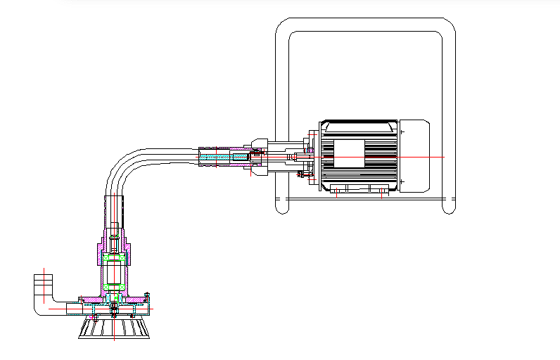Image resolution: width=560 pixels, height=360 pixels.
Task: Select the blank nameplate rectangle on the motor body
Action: (349, 153)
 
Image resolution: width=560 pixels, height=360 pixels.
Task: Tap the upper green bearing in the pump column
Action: (113, 259)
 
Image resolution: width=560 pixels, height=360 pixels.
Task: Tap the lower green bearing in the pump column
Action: (113, 286)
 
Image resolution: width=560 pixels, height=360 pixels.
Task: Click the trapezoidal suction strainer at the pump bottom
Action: (114, 328)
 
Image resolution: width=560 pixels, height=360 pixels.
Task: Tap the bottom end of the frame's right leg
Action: (448, 210)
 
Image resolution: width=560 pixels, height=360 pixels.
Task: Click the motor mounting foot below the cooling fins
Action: (359, 188)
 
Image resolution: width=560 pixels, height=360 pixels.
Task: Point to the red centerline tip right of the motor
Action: (444, 155)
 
